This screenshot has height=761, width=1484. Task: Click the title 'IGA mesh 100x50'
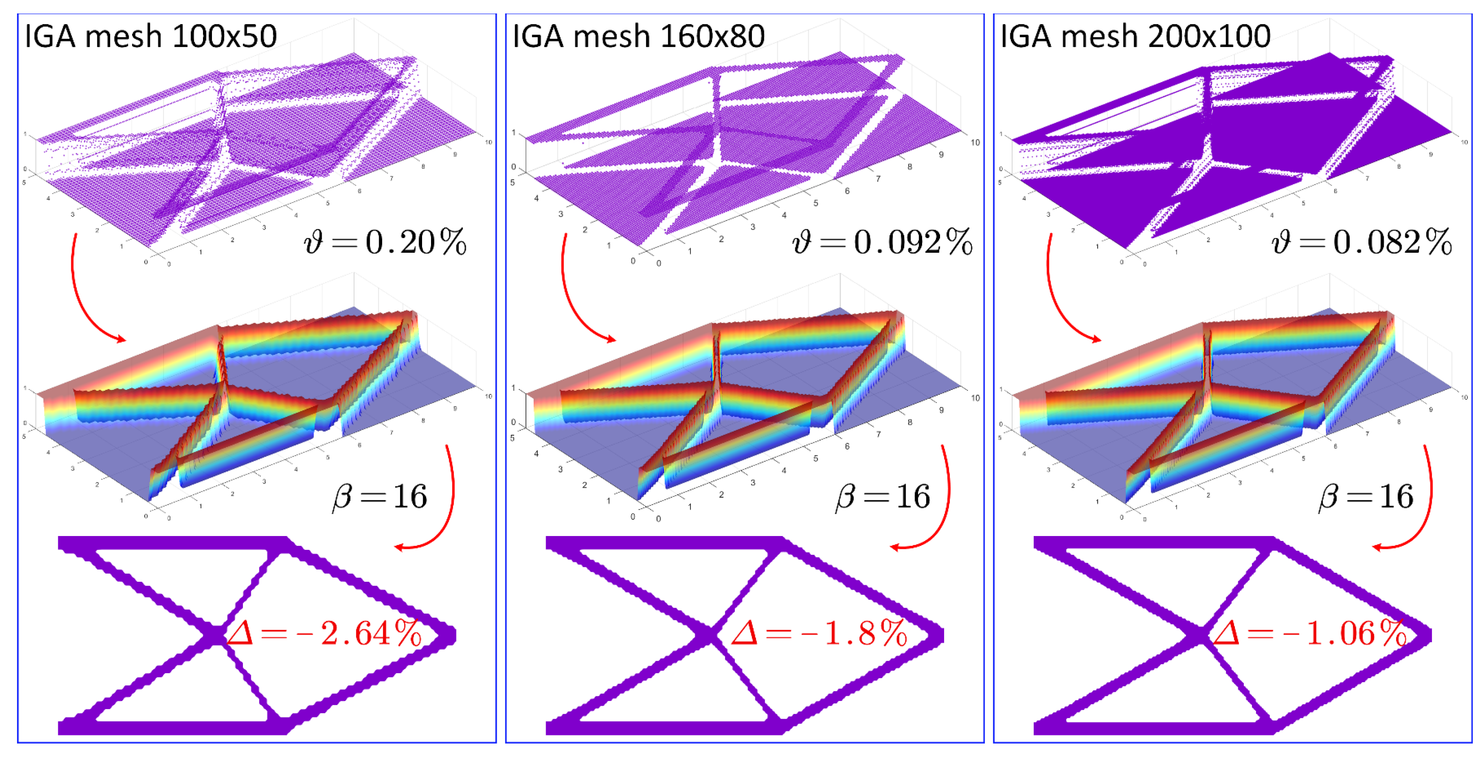(x=151, y=37)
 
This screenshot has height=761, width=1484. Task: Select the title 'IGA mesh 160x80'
(x=638, y=37)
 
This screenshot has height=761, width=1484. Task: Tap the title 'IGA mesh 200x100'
(x=1135, y=37)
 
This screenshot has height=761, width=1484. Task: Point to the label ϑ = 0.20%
(x=385, y=242)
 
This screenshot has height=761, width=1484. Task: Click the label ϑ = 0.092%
(x=882, y=242)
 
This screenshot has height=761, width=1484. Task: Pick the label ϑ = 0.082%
(x=1361, y=242)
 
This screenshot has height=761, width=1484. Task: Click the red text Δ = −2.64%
(x=324, y=634)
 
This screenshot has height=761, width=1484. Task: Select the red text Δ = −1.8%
(x=819, y=634)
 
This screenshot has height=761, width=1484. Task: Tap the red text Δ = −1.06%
(x=1309, y=634)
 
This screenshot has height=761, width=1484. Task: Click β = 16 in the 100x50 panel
(x=380, y=497)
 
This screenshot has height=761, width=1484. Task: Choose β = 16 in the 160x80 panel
(x=883, y=497)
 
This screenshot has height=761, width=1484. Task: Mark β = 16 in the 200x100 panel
(x=1366, y=497)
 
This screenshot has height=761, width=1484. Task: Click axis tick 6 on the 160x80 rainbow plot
(x=847, y=446)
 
